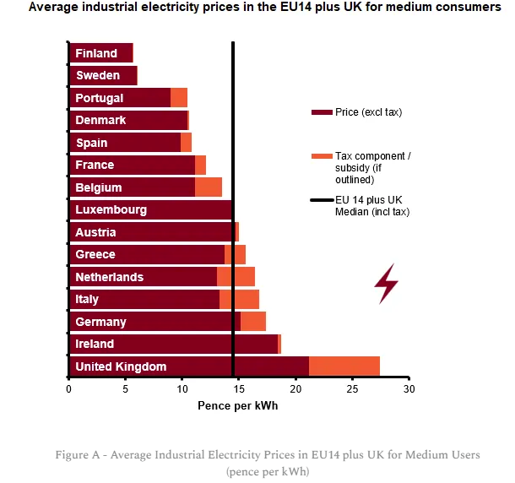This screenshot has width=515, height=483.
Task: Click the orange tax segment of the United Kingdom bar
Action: [x=344, y=366]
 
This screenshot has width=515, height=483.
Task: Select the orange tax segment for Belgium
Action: [x=209, y=187]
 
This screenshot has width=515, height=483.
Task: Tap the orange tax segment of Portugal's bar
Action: [x=179, y=98]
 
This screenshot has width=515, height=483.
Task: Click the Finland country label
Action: [x=96, y=53]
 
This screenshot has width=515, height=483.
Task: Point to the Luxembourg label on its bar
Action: [x=111, y=210]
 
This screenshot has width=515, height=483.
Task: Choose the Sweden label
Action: [x=98, y=75]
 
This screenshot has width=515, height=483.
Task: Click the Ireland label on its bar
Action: [x=95, y=344]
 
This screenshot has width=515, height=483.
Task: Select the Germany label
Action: [x=100, y=322]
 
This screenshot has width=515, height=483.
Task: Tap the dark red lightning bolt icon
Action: [x=387, y=284]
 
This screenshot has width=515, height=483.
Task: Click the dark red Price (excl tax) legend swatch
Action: [x=322, y=112]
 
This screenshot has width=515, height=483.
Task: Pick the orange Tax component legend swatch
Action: [x=322, y=156]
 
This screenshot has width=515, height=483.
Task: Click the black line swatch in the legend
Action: [x=322, y=200]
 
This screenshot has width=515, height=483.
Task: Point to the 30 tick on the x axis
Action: [x=409, y=389]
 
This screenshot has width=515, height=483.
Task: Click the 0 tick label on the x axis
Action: [x=68, y=389]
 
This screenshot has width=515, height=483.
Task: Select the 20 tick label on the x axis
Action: [x=295, y=389]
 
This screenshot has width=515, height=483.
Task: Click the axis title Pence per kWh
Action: [x=238, y=406]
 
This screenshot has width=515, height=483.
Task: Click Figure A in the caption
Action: [x=77, y=455]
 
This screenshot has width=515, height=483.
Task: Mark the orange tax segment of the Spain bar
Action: [x=186, y=143]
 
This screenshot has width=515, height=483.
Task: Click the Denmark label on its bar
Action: [x=100, y=120]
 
